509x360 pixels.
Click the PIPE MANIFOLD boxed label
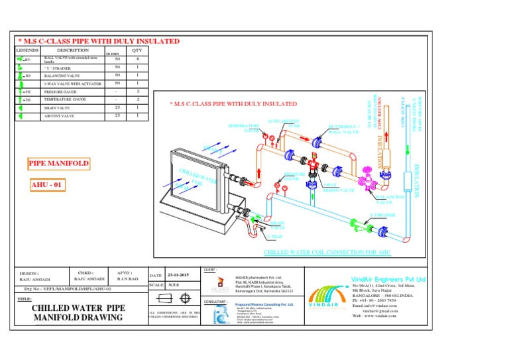(x=58, y=162)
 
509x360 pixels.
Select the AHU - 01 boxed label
(x=47, y=185)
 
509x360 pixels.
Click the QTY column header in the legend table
(x=137, y=50)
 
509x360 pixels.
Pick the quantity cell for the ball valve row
(x=137, y=60)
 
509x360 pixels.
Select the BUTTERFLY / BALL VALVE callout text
(x=344, y=129)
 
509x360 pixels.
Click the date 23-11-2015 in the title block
(x=178, y=275)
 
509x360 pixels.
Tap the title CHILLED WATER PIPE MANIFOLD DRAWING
(x=78, y=314)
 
